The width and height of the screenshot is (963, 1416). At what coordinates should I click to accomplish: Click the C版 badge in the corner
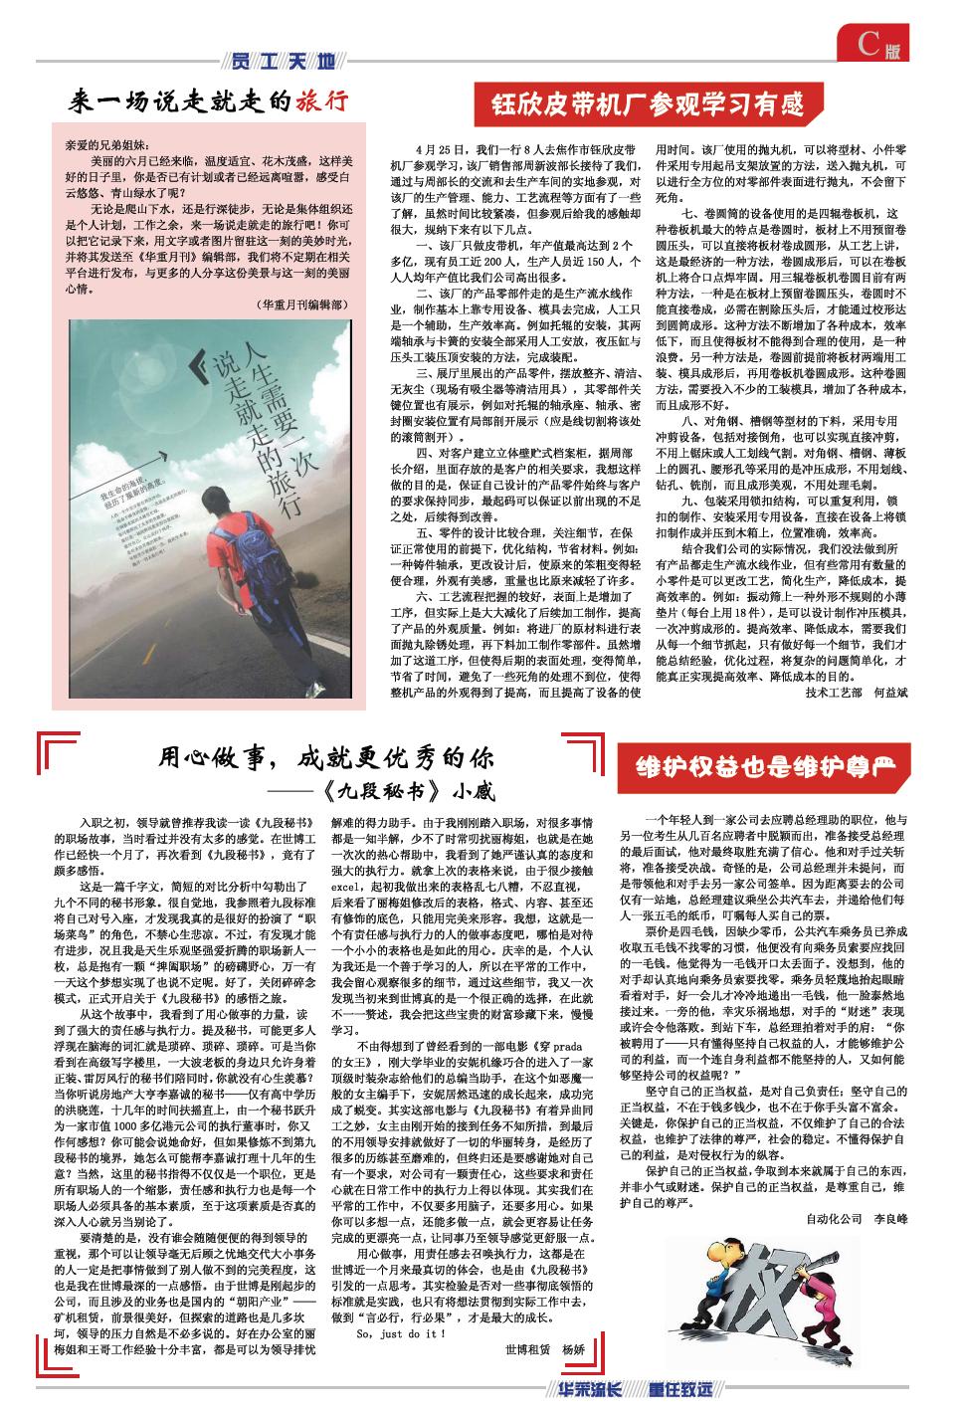tap(882, 45)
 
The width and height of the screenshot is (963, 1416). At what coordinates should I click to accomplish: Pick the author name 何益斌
tap(890, 691)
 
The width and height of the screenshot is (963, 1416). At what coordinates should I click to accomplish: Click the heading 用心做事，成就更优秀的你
tap(327, 759)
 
